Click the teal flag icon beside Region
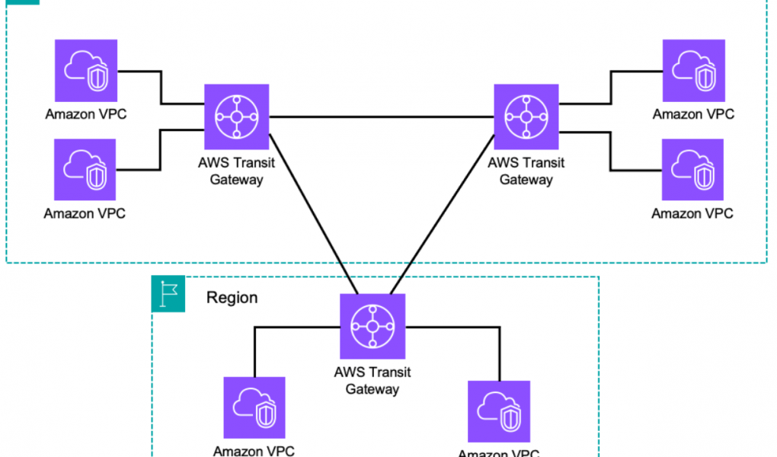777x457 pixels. (168, 293)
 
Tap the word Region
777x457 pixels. (232, 297)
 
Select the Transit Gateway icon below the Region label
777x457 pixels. (373, 326)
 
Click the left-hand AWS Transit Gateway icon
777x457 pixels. (237, 117)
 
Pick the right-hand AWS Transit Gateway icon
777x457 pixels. (526, 117)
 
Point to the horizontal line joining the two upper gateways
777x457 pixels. (382, 117)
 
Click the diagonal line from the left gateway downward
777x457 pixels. (313, 214)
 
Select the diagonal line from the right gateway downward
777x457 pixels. (443, 214)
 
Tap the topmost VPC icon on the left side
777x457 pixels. (86, 70)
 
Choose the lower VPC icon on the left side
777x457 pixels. (85, 170)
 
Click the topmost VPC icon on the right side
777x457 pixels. (694, 70)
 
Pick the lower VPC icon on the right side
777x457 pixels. (692, 170)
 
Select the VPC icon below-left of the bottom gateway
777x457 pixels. (254, 407)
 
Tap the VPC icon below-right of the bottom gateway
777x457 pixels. (499, 411)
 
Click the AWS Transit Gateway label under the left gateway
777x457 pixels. (236, 171)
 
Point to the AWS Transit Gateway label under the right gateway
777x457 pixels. (526, 171)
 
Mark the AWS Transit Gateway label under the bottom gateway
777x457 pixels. (373, 381)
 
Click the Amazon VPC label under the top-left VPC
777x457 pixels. (86, 114)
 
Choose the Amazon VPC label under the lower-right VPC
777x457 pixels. (692, 213)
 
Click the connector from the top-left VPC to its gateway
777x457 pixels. (161, 88)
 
